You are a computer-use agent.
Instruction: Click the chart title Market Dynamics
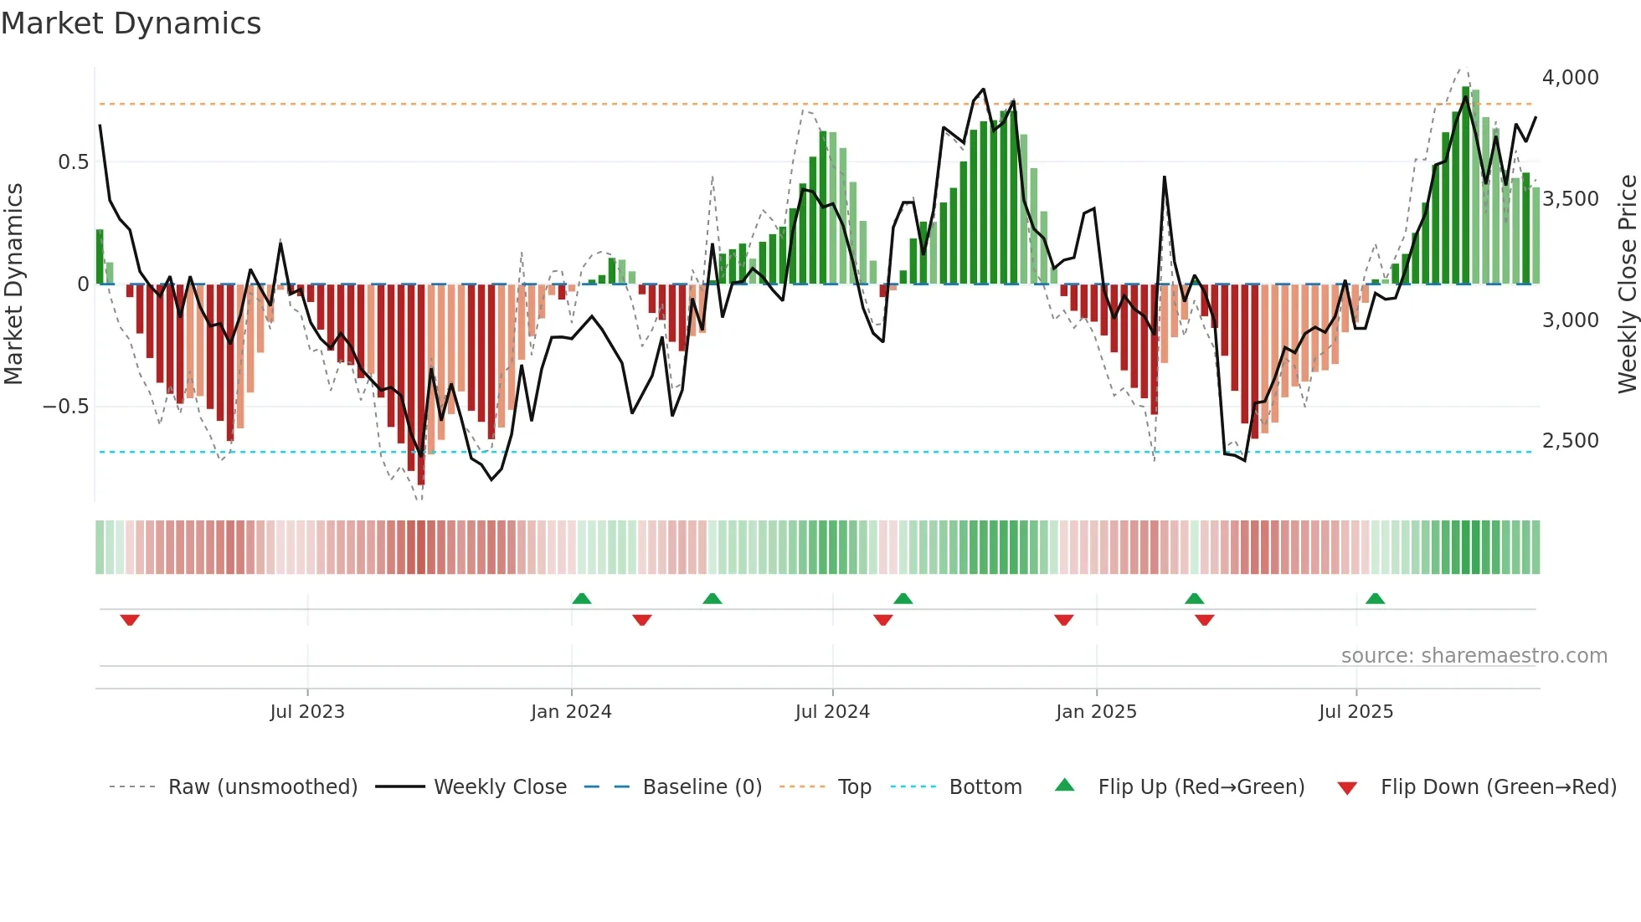click(131, 23)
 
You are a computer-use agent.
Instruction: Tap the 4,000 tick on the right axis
click(1570, 78)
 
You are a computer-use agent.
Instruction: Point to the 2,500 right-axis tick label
click(1570, 441)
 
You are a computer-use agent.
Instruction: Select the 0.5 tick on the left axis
click(73, 162)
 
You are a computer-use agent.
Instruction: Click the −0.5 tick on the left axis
click(65, 407)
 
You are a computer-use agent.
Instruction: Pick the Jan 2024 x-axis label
click(571, 712)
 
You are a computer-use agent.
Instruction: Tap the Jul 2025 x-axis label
click(1355, 712)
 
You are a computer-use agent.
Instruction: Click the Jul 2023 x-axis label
click(307, 712)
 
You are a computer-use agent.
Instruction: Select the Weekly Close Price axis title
click(1627, 284)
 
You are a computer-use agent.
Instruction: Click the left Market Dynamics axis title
click(13, 284)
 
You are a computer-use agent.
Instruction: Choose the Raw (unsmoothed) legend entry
click(262, 787)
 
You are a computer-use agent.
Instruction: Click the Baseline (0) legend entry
click(702, 787)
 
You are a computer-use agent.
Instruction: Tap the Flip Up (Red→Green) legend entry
click(1201, 787)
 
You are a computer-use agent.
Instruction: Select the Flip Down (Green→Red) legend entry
click(1498, 787)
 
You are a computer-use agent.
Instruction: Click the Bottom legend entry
click(985, 787)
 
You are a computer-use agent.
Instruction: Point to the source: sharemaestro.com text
click(1474, 656)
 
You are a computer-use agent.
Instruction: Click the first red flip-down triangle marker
click(130, 620)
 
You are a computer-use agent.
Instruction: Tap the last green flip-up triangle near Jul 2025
click(1375, 598)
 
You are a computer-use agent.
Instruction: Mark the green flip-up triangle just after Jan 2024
click(582, 598)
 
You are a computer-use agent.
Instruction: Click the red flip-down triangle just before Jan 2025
click(1063, 620)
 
